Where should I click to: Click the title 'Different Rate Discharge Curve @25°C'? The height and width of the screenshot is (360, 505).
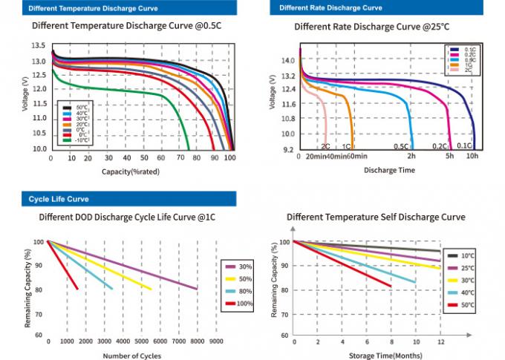click(371, 27)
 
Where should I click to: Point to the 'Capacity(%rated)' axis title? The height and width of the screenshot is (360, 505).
click(131, 171)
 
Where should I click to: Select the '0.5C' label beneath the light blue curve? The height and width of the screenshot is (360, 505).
click(401, 146)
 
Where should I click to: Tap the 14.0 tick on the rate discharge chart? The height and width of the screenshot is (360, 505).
click(287, 60)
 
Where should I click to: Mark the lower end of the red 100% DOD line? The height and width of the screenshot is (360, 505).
click(76, 289)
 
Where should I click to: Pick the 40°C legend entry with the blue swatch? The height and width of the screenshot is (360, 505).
click(466, 292)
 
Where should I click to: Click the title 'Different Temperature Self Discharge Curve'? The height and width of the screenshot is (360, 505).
click(376, 217)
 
